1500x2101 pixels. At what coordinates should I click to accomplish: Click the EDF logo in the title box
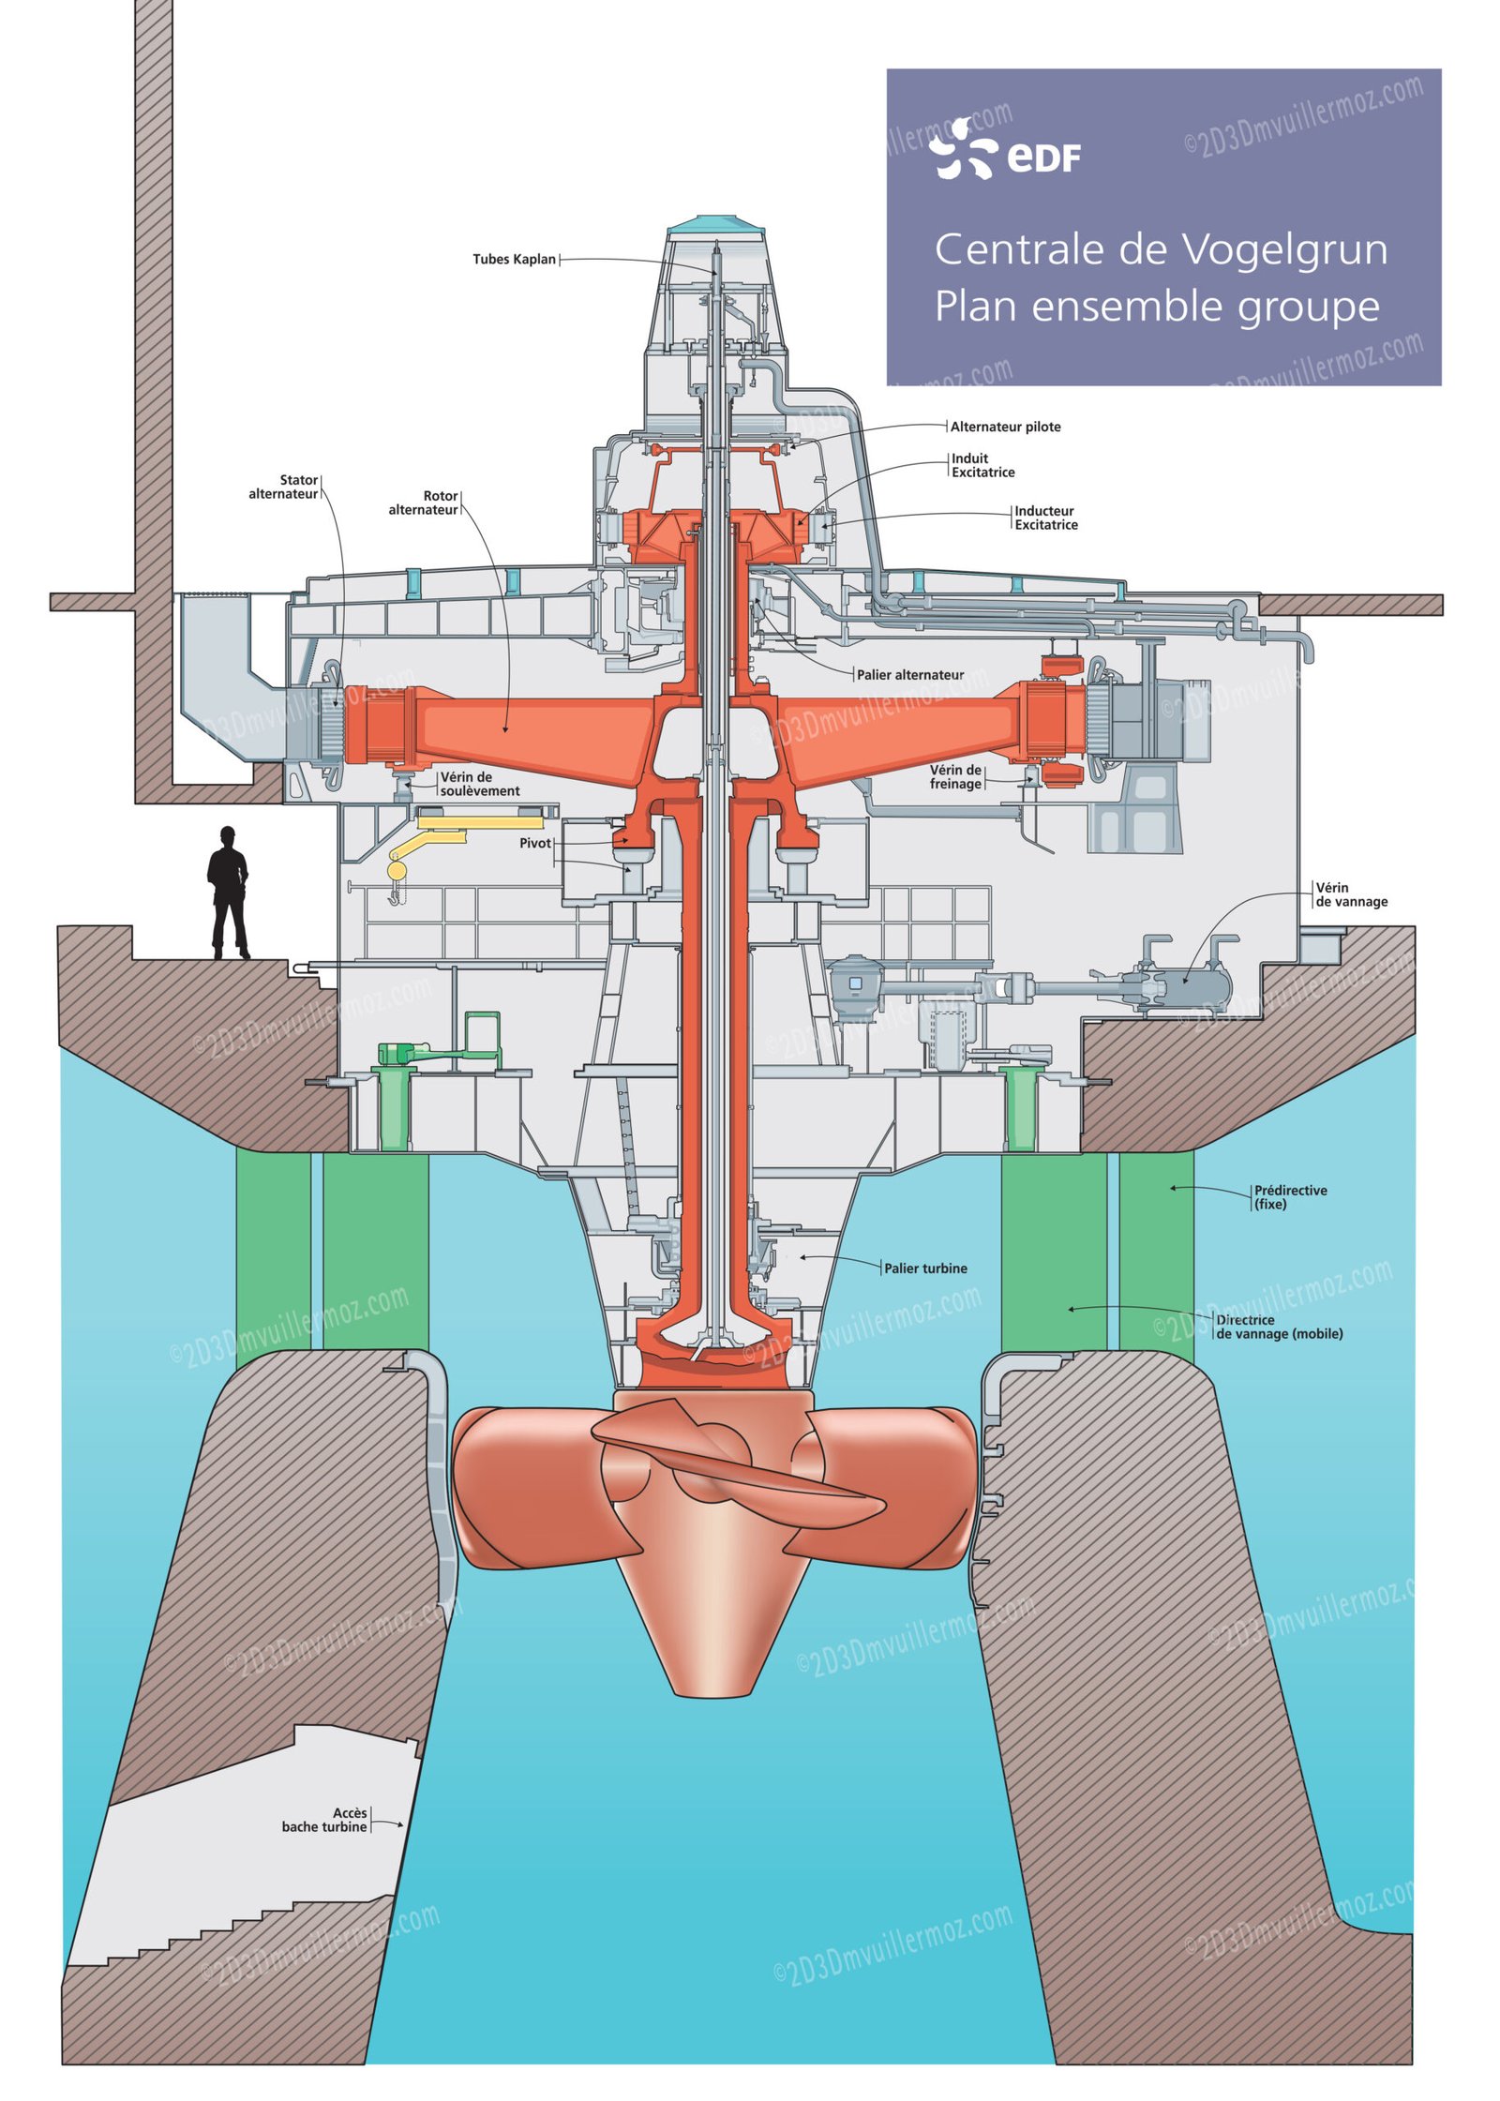[x=1004, y=150]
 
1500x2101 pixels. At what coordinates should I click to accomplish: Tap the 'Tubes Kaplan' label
[x=514, y=260]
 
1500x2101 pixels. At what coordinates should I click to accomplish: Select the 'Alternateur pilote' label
[x=1005, y=427]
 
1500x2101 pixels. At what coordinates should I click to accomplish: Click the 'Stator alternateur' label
[x=283, y=487]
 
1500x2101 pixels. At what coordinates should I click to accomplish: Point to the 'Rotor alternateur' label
[x=423, y=503]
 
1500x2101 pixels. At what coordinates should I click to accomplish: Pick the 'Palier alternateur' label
[x=909, y=675]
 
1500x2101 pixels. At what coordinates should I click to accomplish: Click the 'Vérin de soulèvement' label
[x=479, y=784]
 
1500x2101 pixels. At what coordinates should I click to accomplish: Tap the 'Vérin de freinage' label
[x=955, y=776]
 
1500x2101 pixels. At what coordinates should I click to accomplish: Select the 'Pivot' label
[x=535, y=843]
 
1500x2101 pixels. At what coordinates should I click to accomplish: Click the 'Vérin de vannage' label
[x=1351, y=894]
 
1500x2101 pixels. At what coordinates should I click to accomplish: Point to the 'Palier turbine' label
[x=925, y=1268]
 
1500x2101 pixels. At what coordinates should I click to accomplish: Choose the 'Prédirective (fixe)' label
[x=1290, y=1197]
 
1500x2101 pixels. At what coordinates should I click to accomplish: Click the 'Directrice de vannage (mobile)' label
[x=1279, y=1327]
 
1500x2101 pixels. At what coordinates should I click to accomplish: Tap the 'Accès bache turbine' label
[x=324, y=1820]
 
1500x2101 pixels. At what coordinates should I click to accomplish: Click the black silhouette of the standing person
[x=228, y=892]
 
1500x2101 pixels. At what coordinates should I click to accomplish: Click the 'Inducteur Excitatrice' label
[x=1045, y=518]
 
